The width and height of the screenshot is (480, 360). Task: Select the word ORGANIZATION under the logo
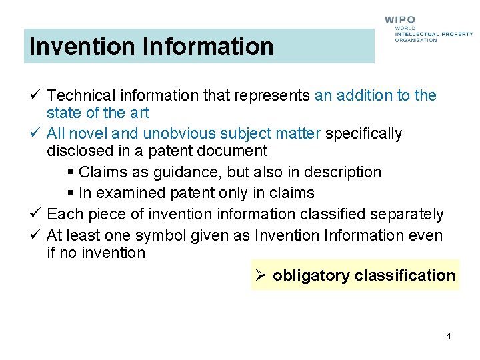tap(416, 40)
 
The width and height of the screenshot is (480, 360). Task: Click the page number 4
tap(449, 336)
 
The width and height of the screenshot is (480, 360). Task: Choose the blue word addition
tap(365, 95)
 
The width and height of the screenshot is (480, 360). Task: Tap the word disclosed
tap(76, 151)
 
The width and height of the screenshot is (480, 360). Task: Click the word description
tap(343, 172)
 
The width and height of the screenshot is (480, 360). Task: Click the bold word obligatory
tap(311, 275)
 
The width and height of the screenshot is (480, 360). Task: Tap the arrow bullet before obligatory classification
tap(262, 275)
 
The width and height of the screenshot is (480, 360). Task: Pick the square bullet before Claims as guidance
tap(71, 173)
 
